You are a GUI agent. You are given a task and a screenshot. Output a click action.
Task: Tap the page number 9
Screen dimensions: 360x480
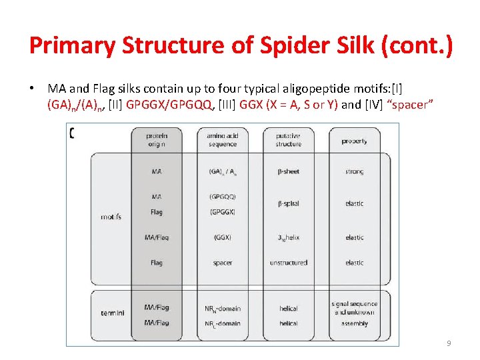tap(449, 344)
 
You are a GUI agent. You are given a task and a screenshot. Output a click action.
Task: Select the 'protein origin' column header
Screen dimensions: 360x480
tap(157, 140)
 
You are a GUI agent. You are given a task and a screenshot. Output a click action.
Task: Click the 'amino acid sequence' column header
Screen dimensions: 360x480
tap(222, 140)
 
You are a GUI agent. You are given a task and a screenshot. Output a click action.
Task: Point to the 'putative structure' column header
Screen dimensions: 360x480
tap(288, 140)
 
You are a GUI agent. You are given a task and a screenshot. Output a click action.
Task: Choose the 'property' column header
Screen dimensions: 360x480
tap(354, 141)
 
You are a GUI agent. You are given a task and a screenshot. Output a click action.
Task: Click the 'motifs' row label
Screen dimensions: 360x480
tap(111, 217)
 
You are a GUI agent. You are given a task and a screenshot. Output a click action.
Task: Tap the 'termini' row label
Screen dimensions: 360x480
tap(111, 312)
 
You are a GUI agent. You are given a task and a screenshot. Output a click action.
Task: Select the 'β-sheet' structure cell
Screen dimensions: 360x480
tap(288, 171)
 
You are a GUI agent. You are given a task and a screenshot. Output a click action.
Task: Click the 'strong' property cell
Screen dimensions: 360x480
tap(354, 172)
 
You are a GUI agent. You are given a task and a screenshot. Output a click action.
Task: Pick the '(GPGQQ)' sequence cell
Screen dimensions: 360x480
tap(223, 197)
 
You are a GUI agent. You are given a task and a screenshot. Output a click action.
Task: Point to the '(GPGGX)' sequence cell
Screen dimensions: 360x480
tap(223, 212)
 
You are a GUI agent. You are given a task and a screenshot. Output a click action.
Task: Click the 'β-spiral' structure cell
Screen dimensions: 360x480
tap(288, 203)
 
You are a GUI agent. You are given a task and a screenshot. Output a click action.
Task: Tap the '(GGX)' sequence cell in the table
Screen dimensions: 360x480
tap(223, 237)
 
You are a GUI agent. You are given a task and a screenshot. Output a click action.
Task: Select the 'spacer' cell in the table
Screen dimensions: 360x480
tap(223, 263)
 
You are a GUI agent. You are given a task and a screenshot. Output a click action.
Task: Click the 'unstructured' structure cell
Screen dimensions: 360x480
tap(288, 263)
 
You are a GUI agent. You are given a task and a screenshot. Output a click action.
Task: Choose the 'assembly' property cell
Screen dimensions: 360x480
tap(354, 323)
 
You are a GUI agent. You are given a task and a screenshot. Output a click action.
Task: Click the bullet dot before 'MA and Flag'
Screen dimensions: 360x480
tap(32, 89)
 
